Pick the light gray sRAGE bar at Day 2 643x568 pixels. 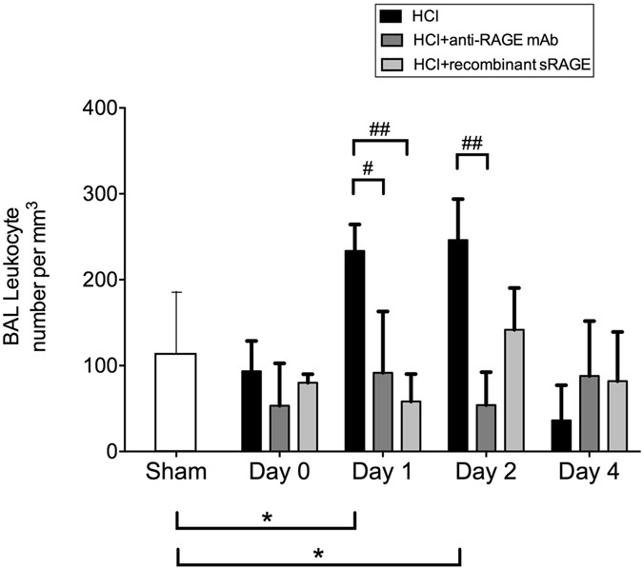click(513, 390)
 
